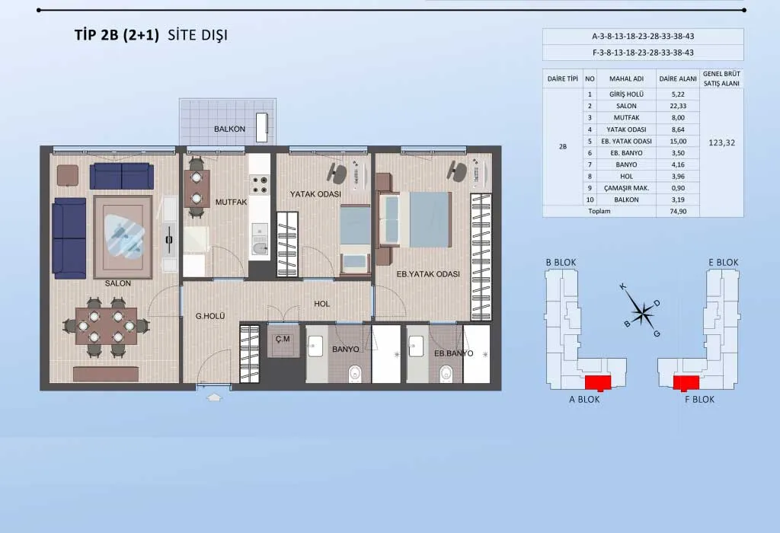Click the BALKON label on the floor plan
(x=229, y=129)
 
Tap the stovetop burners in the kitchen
(x=259, y=185)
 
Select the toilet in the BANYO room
(x=355, y=373)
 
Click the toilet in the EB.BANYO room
(x=446, y=373)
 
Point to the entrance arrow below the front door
(x=214, y=397)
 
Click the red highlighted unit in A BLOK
(x=597, y=383)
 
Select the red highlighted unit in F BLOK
(x=686, y=383)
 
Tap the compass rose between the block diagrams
(x=643, y=311)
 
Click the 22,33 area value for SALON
(x=677, y=106)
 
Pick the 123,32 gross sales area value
(x=721, y=142)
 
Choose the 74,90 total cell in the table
(x=677, y=212)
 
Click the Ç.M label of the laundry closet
(x=283, y=339)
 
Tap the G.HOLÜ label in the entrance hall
(x=210, y=316)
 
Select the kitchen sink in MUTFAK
(x=259, y=247)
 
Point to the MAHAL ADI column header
(x=626, y=78)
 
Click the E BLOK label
(x=724, y=262)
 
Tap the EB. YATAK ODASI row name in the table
(x=626, y=141)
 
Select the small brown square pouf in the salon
(x=68, y=176)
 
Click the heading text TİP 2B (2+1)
(x=117, y=35)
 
